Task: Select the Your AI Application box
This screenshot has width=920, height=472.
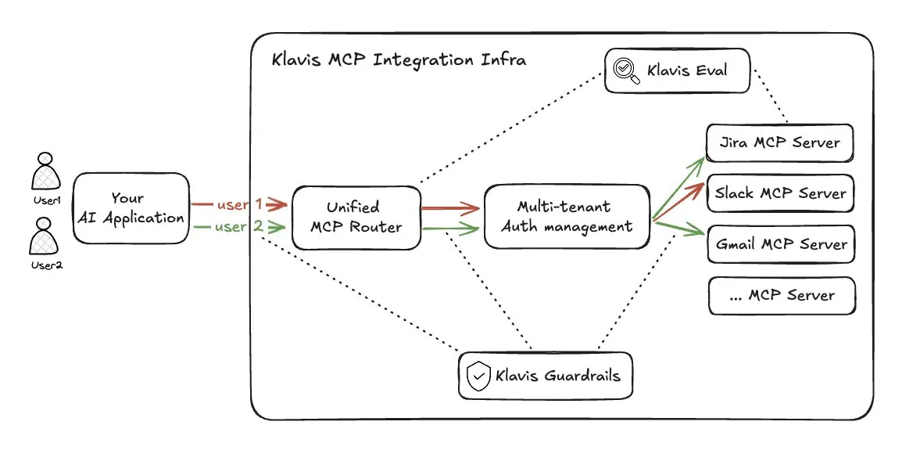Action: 131,209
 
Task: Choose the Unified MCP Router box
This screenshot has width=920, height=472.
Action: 356,218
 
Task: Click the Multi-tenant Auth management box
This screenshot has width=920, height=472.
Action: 566,217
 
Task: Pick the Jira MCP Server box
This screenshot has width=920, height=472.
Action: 779,142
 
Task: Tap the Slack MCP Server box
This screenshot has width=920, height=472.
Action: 780,193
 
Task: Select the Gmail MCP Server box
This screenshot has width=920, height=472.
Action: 781,244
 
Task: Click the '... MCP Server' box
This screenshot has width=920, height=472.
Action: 781,296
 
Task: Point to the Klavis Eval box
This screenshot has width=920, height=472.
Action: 677,70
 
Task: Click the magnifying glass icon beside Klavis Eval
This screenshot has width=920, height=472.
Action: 626,71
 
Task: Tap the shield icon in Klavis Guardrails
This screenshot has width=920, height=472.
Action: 477,377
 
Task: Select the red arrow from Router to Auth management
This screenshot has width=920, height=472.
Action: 449,209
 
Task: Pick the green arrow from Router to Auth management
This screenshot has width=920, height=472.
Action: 449,229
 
